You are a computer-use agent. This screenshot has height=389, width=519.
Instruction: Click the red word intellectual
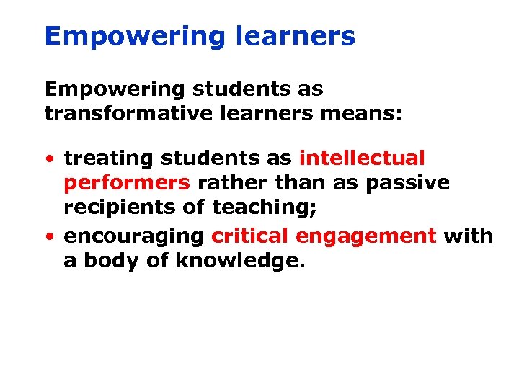(x=362, y=158)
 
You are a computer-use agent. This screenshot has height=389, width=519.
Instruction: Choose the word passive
(x=407, y=184)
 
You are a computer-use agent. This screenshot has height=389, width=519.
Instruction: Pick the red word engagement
(x=366, y=236)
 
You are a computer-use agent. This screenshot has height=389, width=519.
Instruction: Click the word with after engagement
(x=469, y=236)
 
